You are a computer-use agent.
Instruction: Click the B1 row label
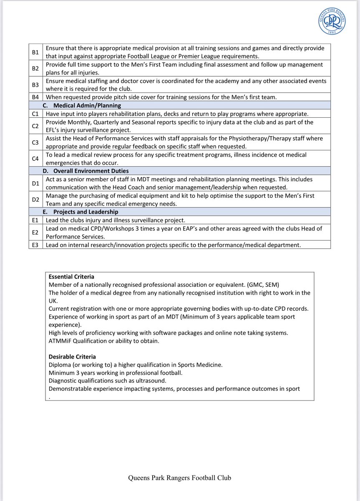click(x=36, y=52)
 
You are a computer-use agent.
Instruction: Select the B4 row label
click(x=36, y=97)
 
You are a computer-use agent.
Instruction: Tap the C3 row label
click(x=36, y=142)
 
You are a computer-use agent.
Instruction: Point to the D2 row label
click(x=36, y=200)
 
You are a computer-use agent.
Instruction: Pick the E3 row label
click(x=36, y=245)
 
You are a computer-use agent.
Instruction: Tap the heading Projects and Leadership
click(x=83, y=212)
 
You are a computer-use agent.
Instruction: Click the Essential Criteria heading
click(x=71, y=276)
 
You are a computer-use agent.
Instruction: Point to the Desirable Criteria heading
click(x=72, y=357)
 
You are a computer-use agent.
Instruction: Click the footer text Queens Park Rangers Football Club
click(x=180, y=478)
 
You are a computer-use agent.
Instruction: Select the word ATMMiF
click(x=61, y=341)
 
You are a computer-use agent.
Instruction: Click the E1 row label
click(x=36, y=220)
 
